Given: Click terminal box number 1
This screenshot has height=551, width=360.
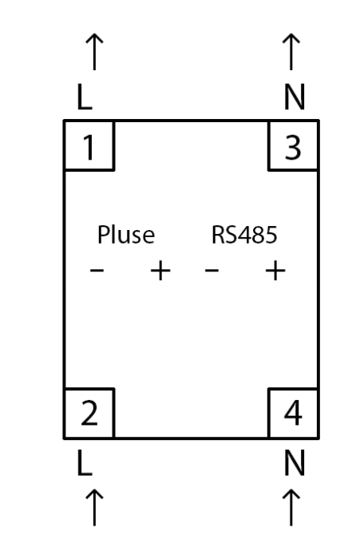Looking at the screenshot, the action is pyautogui.click(x=89, y=145).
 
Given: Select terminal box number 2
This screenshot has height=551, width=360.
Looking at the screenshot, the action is pyautogui.click(x=89, y=414).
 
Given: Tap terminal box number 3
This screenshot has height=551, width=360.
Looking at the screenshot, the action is pyautogui.click(x=293, y=145).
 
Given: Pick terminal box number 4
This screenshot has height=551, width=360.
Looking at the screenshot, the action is pyautogui.click(x=293, y=414).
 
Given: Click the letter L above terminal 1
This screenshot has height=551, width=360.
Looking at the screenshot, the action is pyautogui.click(x=85, y=97).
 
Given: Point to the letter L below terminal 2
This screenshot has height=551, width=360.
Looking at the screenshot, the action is pyautogui.click(x=85, y=463).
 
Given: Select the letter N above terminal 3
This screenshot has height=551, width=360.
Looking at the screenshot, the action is pyautogui.click(x=294, y=97).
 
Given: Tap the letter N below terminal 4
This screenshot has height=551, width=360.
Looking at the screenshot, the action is pyautogui.click(x=294, y=463).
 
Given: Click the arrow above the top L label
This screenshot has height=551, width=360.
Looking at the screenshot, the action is pyautogui.click(x=94, y=52).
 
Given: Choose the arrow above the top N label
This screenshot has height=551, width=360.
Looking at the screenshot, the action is pyautogui.click(x=291, y=52).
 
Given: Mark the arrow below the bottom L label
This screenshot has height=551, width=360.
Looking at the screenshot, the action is pyautogui.click(x=94, y=507).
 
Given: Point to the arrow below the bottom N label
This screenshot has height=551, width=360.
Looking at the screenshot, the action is pyautogui.click(x=291, y=507).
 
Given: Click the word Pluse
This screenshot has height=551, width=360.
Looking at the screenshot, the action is pyautogui.click(x=126, y=235).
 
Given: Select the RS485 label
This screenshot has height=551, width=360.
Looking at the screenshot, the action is pyautogui.click(x=244, y=235).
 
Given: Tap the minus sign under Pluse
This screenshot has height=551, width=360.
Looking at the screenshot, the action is pyautogui.click(x=97, y=270).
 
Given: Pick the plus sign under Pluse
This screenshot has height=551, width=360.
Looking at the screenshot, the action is pyautogui.click(x=160, y=271).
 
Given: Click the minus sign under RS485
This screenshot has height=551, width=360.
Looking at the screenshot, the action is pyautogui.click(x=212, y=270).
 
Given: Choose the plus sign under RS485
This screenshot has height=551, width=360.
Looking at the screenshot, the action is pyautogui.click(x=275, y=271).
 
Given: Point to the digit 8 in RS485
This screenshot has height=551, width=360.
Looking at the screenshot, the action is pyautogui.click(x=258, y=235).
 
